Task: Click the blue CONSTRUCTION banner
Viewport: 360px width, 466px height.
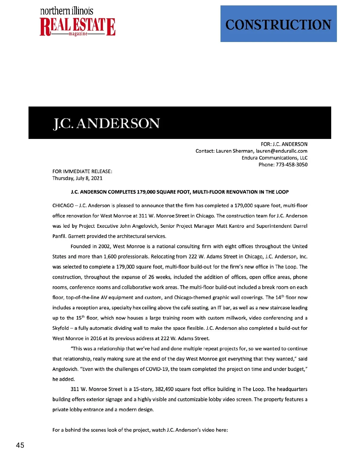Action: pyautogui.click(x=278, y=24)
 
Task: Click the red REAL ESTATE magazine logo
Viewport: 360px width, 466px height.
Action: pyautogui.click(x=77, y=27)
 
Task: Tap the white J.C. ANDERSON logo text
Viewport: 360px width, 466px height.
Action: pyautogui.click(x=106, y=123)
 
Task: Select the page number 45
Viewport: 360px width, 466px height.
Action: pyautogui.click(x=20, y=445)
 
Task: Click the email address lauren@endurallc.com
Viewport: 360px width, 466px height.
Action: pyautogui.click(x=281, y=151)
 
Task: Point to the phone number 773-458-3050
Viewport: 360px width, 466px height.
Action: pyautogui.click(x=292, y=164)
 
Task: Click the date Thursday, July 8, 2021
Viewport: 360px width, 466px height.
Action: pyautogui.click(x=77, y=178)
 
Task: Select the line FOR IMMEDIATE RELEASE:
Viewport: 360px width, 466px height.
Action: pyautogui.click(x=82, y=171)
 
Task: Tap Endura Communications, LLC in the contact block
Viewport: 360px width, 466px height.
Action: pyautogui.click(x=274, y=158)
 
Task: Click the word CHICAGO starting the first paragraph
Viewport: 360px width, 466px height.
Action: pyautogui.click(x=63, y=206)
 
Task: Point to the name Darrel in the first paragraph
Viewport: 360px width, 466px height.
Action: pyautogui.click(x=300, y=226)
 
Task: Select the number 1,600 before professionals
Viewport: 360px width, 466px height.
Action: pyautogui.click(x=110, y=257)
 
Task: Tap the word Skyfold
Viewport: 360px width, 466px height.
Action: pyautogui.click(x=61, y=328)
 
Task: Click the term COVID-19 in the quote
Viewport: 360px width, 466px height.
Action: pyautogui.click(x=157, y=369)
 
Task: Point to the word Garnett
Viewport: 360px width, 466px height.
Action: pyautogui.click(x=76, y=236)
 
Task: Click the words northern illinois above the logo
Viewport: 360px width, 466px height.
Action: pyautogui.click(x=67, y=11)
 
